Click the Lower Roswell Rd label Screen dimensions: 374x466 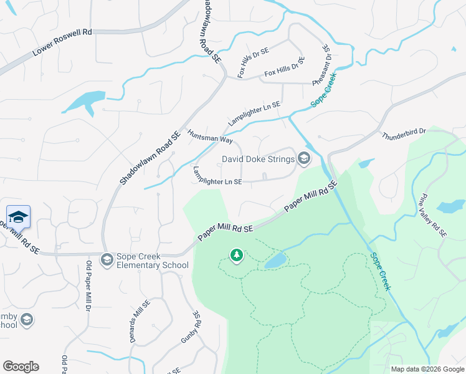coord(62,41)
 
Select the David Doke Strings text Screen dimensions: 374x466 coord(258,159)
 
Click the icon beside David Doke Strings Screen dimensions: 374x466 coord(304,159)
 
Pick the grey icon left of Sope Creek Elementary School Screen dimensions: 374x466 coord(107,259)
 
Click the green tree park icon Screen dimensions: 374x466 coord(236,254)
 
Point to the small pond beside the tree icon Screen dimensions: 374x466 coord(275,261)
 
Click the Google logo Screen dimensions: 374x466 coord(21,367)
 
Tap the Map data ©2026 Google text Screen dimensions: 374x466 coord(427,369)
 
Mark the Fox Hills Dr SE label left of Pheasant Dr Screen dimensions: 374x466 coord(284,67)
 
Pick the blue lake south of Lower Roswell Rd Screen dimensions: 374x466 coord(85,101)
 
